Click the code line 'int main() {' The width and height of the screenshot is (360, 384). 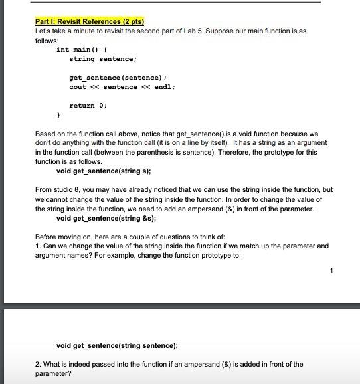click(x=78, y=50)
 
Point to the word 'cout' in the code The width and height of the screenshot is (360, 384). click(x=78, y=87)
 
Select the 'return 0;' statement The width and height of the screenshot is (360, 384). click(x=88, y=106)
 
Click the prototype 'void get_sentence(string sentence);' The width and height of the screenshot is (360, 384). click(x=117, y=345)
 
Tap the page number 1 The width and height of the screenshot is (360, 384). click(x=331, y=270)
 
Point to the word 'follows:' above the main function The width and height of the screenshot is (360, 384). click(x=47, y=41)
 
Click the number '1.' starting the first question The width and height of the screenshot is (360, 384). click(x=38, y=246)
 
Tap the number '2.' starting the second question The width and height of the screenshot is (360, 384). click(x=38, y=364)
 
